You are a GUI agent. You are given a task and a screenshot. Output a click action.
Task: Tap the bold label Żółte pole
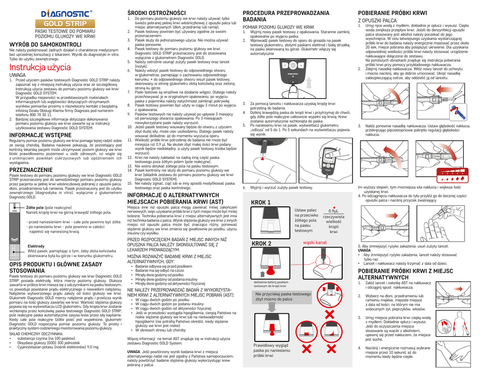pyautogui.click(x=36, y=207)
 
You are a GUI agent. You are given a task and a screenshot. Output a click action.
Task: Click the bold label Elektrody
pyautogui.click(x=37, y=246)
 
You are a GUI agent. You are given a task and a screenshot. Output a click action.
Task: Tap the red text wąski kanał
pyautogui.click(x=315, y=242)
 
